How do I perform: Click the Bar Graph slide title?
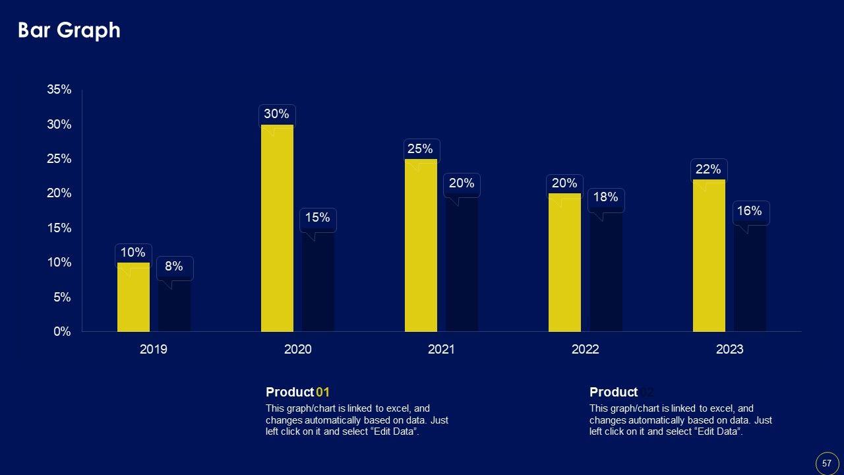[69, 30]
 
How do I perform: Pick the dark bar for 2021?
[462, 264]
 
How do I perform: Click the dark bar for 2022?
[605, 270]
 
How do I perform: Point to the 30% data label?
[276, 114]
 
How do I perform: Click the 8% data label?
[174, 267]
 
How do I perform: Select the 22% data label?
[708, 170]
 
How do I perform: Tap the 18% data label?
[605, 197]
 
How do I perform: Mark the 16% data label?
[750, 211]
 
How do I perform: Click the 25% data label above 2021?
[420, 149]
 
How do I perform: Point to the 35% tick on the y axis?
[59, 90]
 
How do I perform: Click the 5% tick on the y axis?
[62, 298]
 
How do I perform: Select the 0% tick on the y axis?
[62, 332]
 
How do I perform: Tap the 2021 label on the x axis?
[441, 350]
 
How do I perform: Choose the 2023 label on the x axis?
[729, 350]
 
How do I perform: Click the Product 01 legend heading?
[297, 393]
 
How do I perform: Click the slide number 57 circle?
[827, 463]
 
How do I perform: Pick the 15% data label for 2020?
[317, 218]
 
